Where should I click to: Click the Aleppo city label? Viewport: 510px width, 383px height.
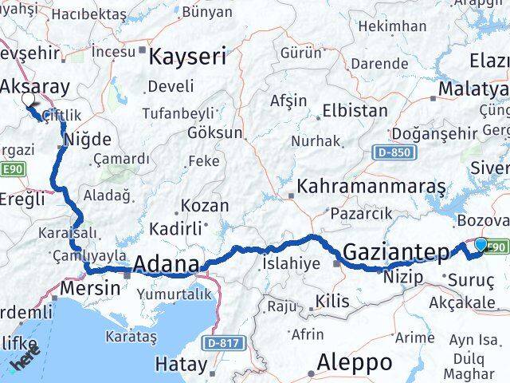[354, 363]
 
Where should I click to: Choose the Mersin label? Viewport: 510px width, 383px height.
[84, 288]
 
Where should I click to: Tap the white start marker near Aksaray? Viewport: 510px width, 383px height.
[29, 101]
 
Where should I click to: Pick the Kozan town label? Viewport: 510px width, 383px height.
[205, 205]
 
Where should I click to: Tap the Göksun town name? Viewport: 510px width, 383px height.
[215, 132]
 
